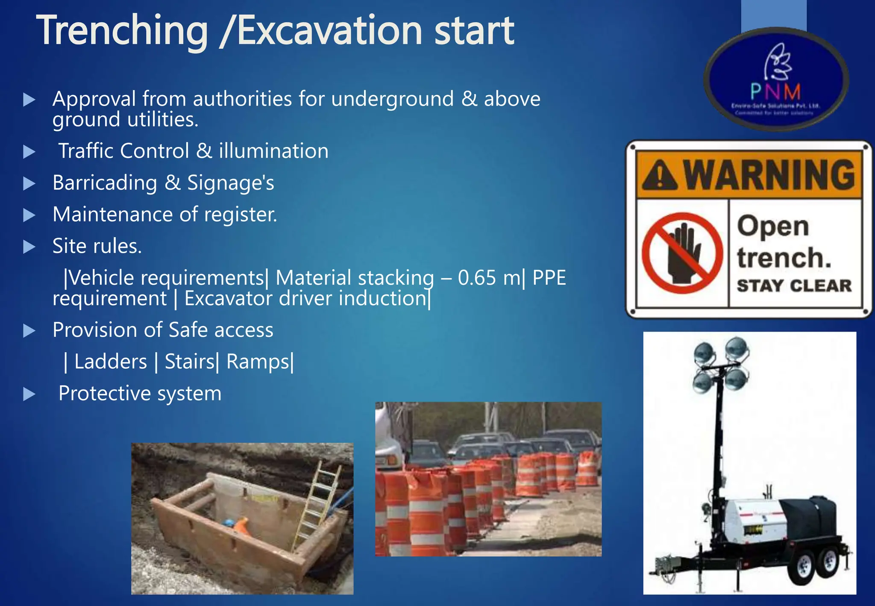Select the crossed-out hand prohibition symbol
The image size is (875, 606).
pos(682,253)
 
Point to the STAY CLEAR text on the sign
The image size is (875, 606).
pos(794,286)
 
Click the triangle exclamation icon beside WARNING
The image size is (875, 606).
pos(660,175)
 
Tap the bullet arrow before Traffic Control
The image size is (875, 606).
pos(29,152)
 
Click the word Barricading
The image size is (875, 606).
pos(105,183)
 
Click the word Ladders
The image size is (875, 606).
pos(111,362)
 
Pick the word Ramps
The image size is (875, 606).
pos(258,362)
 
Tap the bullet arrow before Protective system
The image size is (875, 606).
pos(29,394)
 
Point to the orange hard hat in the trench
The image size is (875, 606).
pos(241,526)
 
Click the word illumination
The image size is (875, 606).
pos(273,151)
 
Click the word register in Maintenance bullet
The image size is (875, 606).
pos(240,215)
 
